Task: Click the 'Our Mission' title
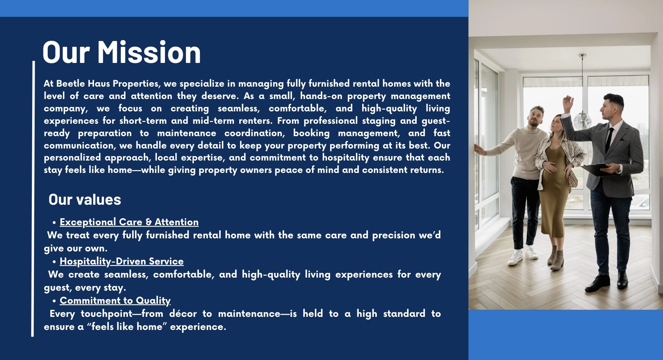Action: point(122,52)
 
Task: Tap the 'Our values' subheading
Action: point(85,199)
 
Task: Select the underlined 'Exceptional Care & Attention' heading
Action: point(129,222)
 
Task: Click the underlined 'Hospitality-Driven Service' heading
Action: point(122,261)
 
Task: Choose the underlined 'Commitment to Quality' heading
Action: point(115,301)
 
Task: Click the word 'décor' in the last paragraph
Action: point(182,314)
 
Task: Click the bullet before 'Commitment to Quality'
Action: point(54,301)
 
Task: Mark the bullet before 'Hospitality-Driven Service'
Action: point(54,262)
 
